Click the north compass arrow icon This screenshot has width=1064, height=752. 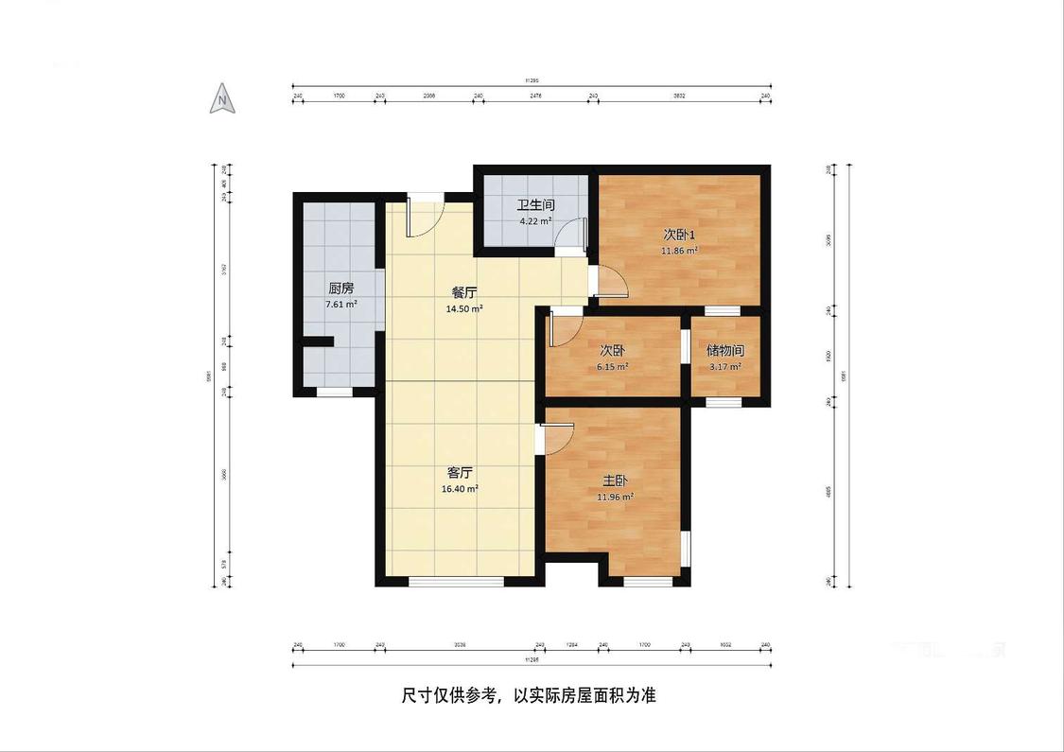click(222, 98)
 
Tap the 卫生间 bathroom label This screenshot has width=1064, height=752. click(535, 205)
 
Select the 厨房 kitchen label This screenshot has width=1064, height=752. click(341, 289)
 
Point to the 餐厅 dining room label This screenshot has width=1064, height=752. click(464, 293)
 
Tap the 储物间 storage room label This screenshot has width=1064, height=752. click(725, 350)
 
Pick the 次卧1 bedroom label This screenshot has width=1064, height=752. click(679, 235)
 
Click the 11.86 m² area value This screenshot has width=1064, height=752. click(679, 251)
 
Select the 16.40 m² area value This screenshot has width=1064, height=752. click(460, 489)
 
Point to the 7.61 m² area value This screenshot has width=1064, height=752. click(341, 305)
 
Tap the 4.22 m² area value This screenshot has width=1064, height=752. click(535, 221)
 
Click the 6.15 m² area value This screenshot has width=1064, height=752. click(612, 366)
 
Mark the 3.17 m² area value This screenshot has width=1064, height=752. click(725, 366)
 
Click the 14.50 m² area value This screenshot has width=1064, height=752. click(464, 309)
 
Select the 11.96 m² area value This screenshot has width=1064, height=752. click(616, 497)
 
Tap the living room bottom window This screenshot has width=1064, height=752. click(456, 582)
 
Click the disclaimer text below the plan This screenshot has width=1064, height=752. click(529, 696)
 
